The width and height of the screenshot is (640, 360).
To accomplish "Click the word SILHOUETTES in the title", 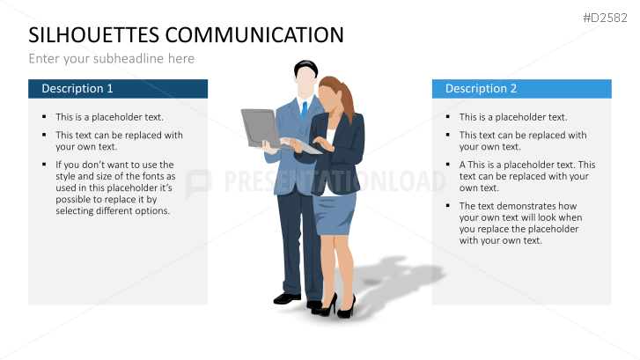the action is (94, 35).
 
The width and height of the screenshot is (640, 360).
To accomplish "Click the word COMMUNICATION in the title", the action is (254, 35).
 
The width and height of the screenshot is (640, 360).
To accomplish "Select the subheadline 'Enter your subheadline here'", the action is (112, 59).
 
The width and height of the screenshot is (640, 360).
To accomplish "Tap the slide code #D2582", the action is (606, 18).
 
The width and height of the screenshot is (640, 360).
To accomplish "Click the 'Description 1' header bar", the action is (118, 89).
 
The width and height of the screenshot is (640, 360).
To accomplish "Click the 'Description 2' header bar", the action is (522, 89).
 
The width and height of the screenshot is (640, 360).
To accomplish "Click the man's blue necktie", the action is (304, 110).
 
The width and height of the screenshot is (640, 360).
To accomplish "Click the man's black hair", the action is (305, 68).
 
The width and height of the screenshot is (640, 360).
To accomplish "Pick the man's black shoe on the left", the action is (287, 298).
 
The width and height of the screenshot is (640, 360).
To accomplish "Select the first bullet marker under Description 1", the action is (44, 117).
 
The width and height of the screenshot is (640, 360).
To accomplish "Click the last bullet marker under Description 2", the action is (448, 206).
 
